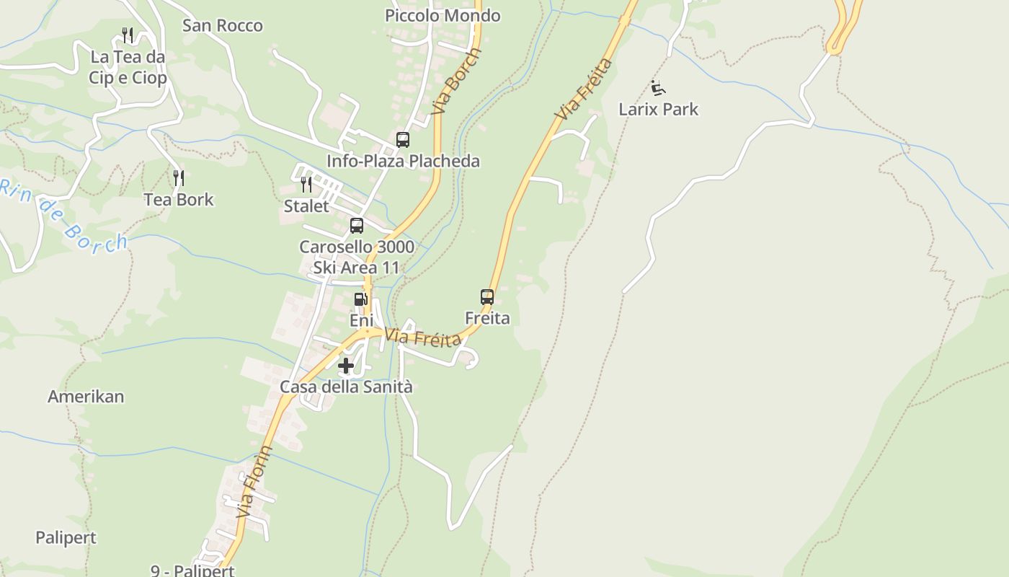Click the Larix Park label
[659, 110]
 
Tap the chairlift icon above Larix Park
[657, 88]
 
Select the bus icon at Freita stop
[487, 296]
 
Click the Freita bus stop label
[487, 318]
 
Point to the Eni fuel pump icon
[360, 299]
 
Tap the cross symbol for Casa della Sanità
[346, 366]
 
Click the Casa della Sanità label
[346, 387]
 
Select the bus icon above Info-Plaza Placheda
[402, 140]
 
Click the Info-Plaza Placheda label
[403, 161]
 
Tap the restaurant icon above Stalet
[306, 185]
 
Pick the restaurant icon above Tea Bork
[179, 177]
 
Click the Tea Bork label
[179, 200]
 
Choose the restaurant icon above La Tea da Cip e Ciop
[128, 35]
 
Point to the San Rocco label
[222, 26]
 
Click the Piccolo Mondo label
[443, 16]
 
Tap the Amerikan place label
[86, 397]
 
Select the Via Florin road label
[255, 482]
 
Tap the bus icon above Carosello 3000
[357, 226]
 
